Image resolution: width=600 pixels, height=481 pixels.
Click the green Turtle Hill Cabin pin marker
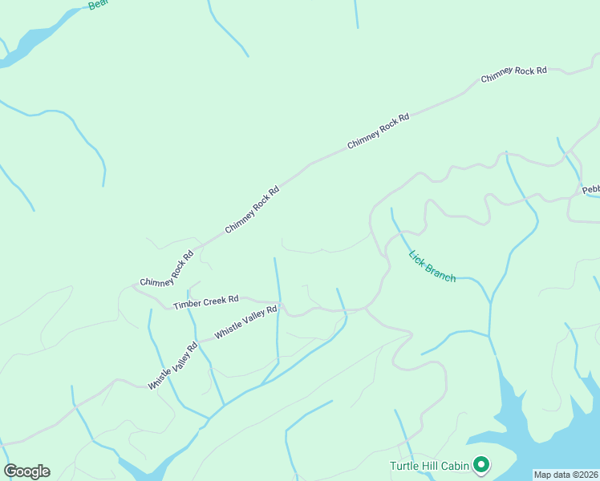pos(481,464)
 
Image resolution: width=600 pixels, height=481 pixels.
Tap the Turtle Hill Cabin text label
pos(429,466)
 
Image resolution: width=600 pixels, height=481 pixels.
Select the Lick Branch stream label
pos(432,267)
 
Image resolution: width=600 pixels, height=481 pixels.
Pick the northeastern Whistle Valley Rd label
pos(245,321)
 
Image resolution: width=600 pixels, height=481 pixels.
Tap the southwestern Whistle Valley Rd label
pos(172,367)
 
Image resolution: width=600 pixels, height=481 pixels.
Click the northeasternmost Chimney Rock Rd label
pos(513,75)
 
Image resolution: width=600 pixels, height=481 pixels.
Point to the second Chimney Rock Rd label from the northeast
pos(379,130)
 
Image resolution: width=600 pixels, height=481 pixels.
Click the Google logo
pos(26,471)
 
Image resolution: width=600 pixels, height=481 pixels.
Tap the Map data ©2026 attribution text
pos(566,475)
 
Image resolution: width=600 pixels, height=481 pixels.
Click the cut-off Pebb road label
pos(590,190)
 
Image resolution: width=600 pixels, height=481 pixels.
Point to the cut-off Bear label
pos(97,5)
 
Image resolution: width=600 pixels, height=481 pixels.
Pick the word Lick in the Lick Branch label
pos(416,258)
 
